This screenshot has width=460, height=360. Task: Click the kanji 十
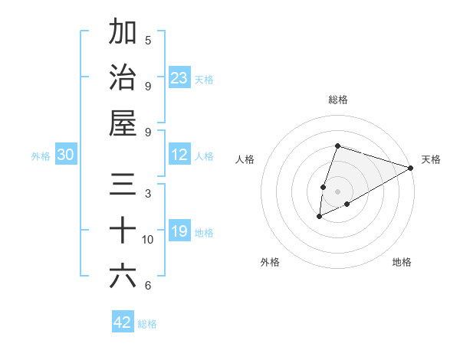(x=123, y=230)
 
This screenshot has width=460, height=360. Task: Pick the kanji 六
(x=123, y=276)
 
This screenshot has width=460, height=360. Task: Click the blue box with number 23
(x=179, y=77)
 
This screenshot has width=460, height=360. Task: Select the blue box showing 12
(x=179, y=155)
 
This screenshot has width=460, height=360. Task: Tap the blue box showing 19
(x=179, y=231)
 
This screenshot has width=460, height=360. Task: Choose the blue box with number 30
(x=66, y=155)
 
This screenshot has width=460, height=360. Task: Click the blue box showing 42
(x=123, y=322)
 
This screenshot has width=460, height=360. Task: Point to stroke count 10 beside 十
(x=148, y=240)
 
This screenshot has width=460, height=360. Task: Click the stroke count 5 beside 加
(x=148, y=40)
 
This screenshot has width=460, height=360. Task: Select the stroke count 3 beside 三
(x=148, y=193)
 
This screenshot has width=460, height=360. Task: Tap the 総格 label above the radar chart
(x=338, y=100)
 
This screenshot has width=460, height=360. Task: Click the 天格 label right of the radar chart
(x=431, y=159)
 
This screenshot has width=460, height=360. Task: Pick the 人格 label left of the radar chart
(x=245, y=159)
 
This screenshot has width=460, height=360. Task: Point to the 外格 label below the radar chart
(x=270, y=262)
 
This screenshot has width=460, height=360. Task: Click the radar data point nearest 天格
(x=411, y=168)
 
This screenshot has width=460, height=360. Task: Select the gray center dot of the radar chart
(x=338, y=191)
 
